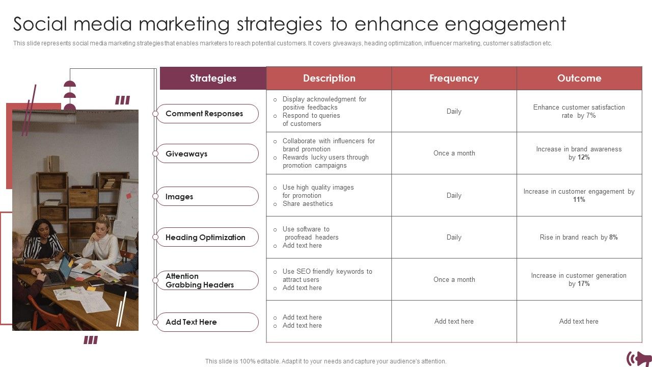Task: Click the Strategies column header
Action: [213, 78]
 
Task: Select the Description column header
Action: [329, 78]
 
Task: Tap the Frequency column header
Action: [454, 78]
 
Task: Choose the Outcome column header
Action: [579, 78]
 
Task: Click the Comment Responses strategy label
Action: [204, 114]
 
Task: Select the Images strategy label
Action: [179, 197]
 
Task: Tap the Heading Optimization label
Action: [205, 238]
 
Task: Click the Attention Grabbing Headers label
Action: [200, 280]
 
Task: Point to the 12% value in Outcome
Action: [583, 158]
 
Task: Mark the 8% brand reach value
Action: [613, 238]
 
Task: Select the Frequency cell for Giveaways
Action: [454, 153]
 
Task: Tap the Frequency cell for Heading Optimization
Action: [454, 238]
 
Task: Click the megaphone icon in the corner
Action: [639, 358]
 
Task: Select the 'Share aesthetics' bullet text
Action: [308, 204]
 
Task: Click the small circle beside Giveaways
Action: [155, 154]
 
